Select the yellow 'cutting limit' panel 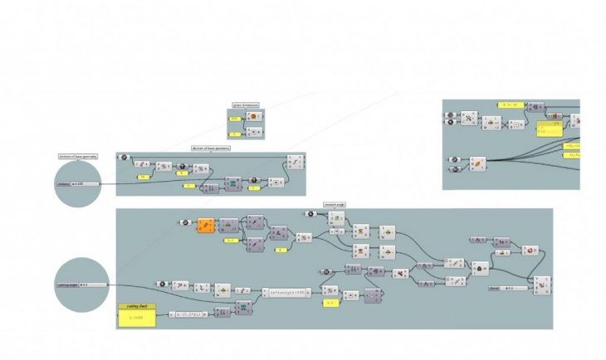pyautogui.click(x=136, y=315)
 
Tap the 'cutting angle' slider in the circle pyautogui.click(x=82, y=285)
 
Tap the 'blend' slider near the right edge pyautogui.click(x=507, y=288)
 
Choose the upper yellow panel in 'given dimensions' pyautogui.click(x=235, y=119)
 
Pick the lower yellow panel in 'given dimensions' pyautogui.click(x=235, y=132)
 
